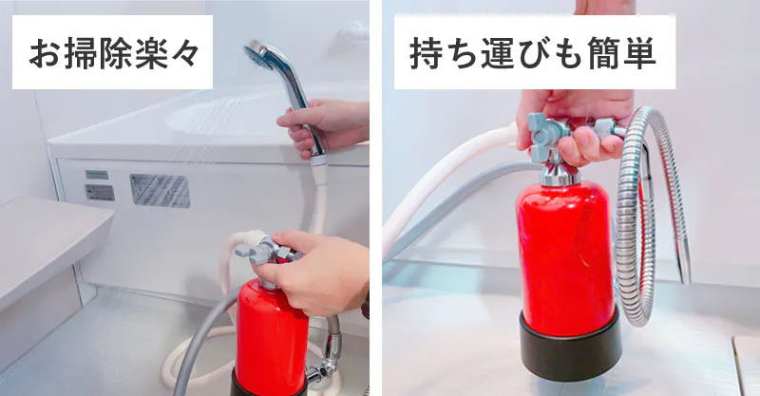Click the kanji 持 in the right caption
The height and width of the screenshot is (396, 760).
coord(426,52)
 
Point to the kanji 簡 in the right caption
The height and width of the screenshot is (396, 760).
coord(604,52)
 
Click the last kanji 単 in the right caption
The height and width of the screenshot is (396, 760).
coord(639,52)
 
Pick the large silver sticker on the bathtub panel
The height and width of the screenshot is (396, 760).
coord(160,191)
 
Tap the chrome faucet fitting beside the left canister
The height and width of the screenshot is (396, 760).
coord(325,359)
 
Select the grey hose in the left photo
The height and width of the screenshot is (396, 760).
coord(203,334)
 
